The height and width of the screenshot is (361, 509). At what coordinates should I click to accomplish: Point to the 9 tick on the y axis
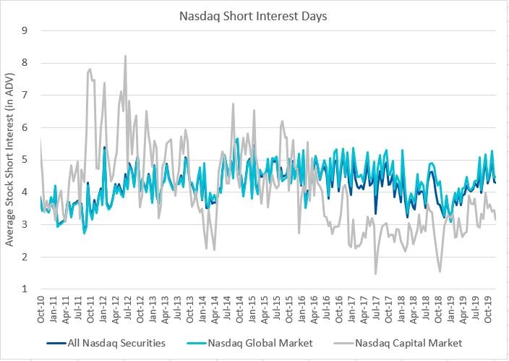(x=25, y=30)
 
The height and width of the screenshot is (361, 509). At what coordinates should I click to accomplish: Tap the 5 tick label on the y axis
(x=25, y=160)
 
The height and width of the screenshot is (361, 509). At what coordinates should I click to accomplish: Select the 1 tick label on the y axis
(x=25, y=289)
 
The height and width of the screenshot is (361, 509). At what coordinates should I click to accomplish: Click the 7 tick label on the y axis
(x=25, y=95)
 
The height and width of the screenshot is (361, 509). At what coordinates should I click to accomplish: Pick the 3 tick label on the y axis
(x=25, y=224)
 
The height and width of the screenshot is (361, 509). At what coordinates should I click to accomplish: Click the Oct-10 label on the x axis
(x=41, y=310)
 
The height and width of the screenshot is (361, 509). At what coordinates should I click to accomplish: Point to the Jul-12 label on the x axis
(x=127, y=310)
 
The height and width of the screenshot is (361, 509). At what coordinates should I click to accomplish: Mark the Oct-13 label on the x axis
(x=189, y=310)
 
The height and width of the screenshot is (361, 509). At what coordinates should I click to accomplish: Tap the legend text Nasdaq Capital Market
(x=407, y=343)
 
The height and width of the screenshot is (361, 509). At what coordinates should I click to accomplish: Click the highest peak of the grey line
(x=125, y=56)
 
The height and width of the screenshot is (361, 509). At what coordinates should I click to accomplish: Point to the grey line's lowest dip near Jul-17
(x=375, y=273)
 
